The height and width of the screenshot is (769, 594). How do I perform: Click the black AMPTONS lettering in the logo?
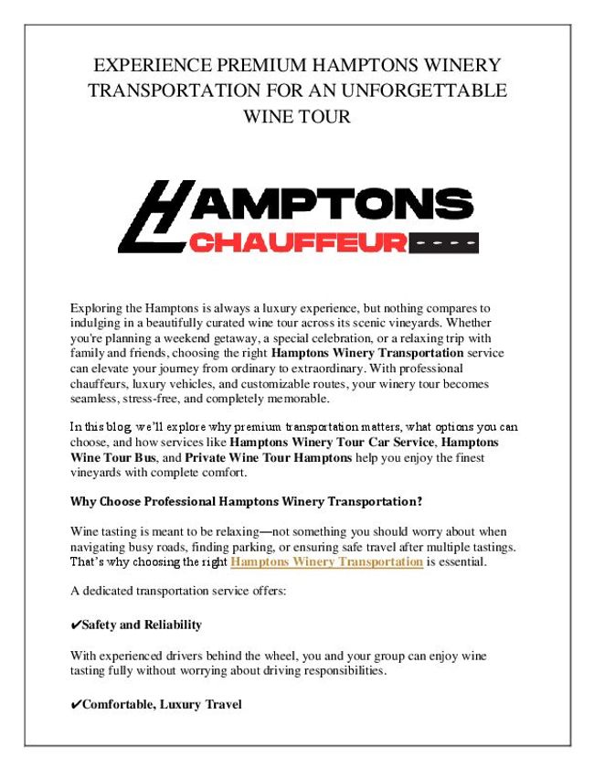coord(329,205)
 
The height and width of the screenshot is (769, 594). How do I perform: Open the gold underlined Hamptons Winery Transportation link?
coord(326,561)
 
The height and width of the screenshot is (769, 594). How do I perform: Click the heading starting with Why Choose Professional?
coord(246,501)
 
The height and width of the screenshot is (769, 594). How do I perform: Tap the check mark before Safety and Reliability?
coord(76,625)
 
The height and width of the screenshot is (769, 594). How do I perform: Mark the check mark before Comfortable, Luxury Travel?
coord(76,704)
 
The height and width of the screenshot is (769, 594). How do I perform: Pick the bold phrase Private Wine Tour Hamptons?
coord(268,456)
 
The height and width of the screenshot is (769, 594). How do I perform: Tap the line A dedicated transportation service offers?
coord(178,591)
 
